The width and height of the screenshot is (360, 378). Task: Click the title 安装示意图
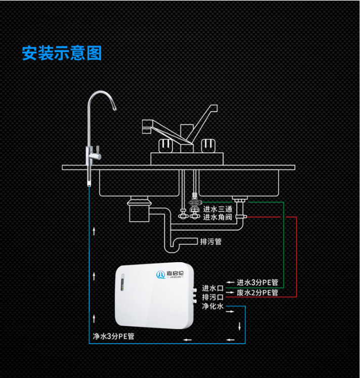pyautogui.click(x=62, y=53)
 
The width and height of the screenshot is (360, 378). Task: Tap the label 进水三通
pyautogui.click(x=217, y=208)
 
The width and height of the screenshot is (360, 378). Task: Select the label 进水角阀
pyautogui.click(x=217, y=217)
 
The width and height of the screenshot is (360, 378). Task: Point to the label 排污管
pyautogui.click(x=210, y=241)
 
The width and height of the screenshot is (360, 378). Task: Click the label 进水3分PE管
pyautogui.click(x=257, y=282)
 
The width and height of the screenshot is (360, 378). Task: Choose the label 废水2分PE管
pyautogui.click(x=257, y=292)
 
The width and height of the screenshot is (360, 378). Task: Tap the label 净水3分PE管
pyautogui.click(x=113, y=336)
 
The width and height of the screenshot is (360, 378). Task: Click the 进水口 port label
pyautogui.click(x=212, y=288)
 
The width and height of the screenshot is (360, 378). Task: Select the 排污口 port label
pyautogui.click(x=212, y=297)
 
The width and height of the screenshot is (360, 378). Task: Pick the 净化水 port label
pyautogui.click(x=212, y=306)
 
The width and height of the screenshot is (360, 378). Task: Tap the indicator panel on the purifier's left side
pyautogui.click(x=122, y=283)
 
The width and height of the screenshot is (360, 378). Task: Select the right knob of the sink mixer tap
pyautogui.click(x=207, y=145)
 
